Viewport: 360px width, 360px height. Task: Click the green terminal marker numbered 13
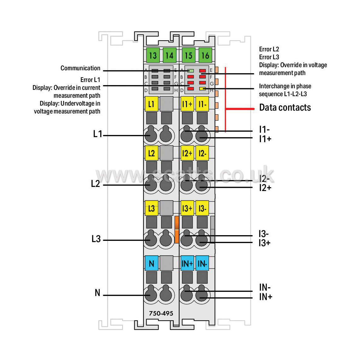pos(153,55)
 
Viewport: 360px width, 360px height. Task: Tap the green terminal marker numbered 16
pos(205,55)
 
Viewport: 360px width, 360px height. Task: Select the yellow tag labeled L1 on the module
pos(151,104)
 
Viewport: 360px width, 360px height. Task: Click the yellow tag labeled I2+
pos(187,153)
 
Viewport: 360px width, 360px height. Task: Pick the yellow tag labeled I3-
pos(202,208)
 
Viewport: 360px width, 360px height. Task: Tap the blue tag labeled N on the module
pos(152,263)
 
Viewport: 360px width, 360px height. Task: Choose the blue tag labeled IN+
pos(187,263)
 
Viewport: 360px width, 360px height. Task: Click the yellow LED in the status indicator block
pos(202,89)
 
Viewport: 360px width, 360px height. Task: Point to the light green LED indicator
pos(191,71)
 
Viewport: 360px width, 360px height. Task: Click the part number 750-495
pos(161,313)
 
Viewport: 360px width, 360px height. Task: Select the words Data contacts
pos(285,107)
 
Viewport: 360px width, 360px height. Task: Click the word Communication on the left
pos(80,68)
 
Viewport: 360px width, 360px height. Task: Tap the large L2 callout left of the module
pos(96,184)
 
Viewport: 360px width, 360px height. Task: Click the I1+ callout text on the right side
pos(265,139)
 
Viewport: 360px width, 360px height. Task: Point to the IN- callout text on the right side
pos(265,287)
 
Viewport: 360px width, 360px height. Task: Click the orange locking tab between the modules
pos(177,229)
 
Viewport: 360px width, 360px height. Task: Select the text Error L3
pos(269,57)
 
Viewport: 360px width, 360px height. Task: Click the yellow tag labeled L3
pos(151,208)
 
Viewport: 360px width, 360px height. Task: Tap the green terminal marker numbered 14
pos(169,55)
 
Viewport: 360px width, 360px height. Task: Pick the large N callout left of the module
pos(98,293)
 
